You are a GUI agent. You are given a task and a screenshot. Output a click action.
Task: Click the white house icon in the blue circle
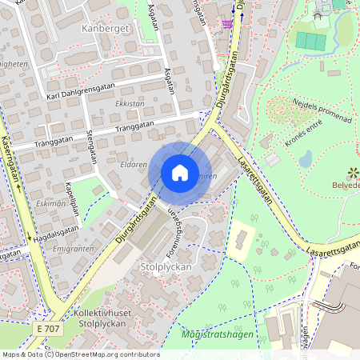point(180,172)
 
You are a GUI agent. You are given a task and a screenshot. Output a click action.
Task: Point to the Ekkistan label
point(130,103)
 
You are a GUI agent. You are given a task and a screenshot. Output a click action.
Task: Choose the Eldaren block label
point(134,164)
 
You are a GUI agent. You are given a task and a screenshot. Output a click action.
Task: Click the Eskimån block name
point(50,203)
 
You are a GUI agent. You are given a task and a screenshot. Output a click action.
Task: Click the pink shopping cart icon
point(229,23)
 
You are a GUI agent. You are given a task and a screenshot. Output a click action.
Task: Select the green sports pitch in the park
point(311,41)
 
